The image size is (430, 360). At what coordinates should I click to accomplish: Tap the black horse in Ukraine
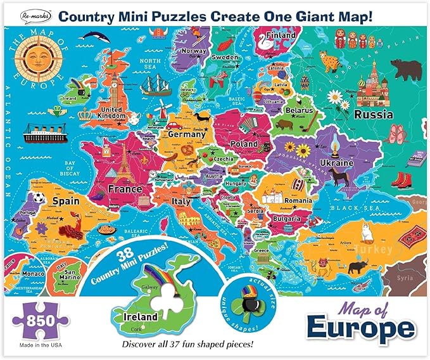346,177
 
